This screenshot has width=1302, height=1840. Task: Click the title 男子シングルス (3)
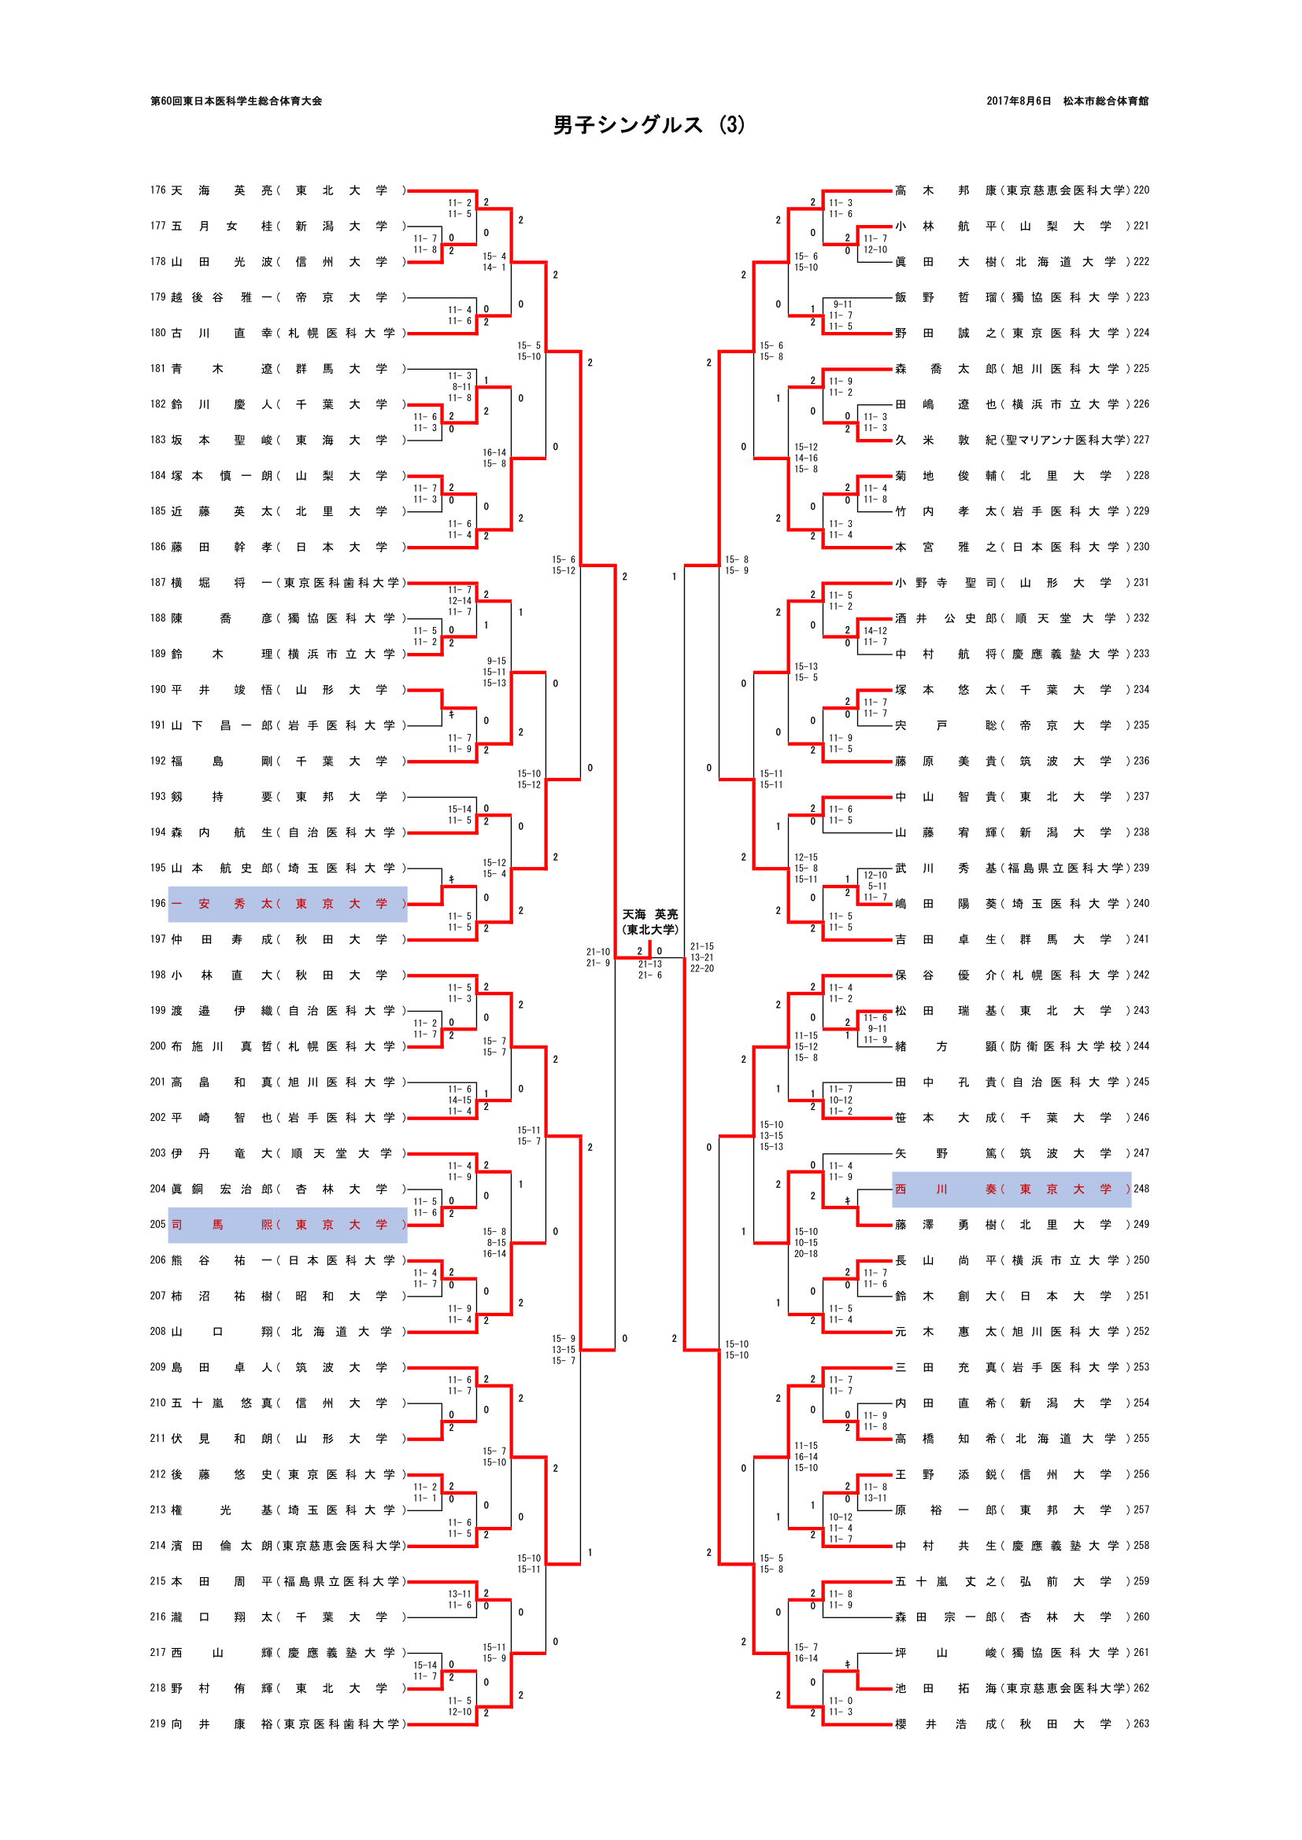pyautogui.click(x=649, y=125)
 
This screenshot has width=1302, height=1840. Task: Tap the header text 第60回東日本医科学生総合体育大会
pyautogui.click(x=235, y=101)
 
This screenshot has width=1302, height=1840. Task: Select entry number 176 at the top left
pyautogui.click(x=158, y=190)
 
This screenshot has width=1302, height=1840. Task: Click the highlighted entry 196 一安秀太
pyautogui.click(x=287, y=904)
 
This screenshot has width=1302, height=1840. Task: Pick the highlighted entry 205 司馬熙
pyautogui.click(x=287, y=1225)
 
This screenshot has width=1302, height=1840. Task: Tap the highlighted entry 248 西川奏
pyautogui.click(x=1011, y=1189)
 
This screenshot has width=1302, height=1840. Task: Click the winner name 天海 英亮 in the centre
pyautogui.click(x=650, y=914)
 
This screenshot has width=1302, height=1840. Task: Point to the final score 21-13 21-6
pyautogui.click(x=649, y=970)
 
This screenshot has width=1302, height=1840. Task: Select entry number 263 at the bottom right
pyautogui.click(x=1141, y=1724)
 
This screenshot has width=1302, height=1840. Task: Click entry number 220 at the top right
pyautogui.click(x=1141, y=190)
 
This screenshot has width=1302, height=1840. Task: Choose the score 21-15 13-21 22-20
pyautogui.click(x=701, y=957)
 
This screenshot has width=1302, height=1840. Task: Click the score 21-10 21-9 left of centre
pyautogui.click(x=597, y=957)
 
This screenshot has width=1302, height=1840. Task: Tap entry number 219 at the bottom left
pyautogui.click(x=158, y=1724)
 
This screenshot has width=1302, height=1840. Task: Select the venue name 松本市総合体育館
pyautogui.click(x=1105, y=101)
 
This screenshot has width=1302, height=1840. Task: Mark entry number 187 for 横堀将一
pyautogui.click(x=158, y=583)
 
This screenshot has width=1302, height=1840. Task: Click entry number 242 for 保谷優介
pyautogui.click(x=1141, y=975)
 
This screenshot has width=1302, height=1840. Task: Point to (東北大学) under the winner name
pyautogui.click(x=650, y=930)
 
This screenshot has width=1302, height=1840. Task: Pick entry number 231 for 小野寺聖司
pyautogui.click(x=1141, y=583)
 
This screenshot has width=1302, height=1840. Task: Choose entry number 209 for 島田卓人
pyautogui.click(x=158, y=1367)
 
